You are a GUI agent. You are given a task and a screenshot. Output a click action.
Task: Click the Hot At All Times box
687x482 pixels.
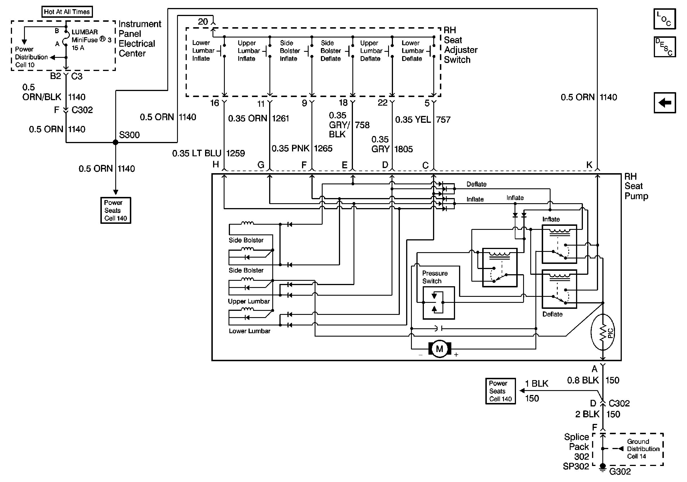[x=67, y=12]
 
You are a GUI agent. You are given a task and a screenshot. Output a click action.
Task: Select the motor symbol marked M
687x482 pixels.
[x=439, y=349]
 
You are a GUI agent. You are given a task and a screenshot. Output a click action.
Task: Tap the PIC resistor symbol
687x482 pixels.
[x=603, y=332]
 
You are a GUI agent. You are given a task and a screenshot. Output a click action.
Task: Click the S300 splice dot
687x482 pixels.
[x=116, y=142]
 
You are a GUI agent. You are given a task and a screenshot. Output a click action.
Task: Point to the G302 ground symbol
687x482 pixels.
[x=603, y=467]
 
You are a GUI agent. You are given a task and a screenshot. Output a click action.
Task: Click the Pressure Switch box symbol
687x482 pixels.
[x=438, y=303]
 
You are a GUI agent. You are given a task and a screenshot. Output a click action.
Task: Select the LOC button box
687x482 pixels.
[x=664, y=19]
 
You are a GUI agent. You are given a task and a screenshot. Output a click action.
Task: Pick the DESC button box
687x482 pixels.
[x=664, y=47]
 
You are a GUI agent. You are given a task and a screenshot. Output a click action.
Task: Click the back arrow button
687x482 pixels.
[x=664, y=103]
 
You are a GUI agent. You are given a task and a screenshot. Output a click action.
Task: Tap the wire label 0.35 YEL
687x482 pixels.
[x=413, y=120]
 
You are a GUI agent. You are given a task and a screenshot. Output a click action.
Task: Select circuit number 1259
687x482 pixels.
[x=235, y=153]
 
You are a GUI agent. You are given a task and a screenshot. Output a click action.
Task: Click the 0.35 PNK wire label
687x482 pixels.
[x=290, y=148]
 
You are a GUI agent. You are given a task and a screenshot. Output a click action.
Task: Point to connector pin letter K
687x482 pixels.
[x=589, y=165]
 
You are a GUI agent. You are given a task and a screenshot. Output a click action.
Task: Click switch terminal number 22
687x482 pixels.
[x=382, y=103]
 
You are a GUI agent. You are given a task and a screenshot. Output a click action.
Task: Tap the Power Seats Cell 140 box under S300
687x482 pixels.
[x=116, y=210]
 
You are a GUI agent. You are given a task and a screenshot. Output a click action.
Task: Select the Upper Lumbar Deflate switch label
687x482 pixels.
[x=371, y=51]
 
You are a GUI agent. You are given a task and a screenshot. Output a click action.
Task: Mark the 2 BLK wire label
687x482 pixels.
[x=587, y=414]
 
